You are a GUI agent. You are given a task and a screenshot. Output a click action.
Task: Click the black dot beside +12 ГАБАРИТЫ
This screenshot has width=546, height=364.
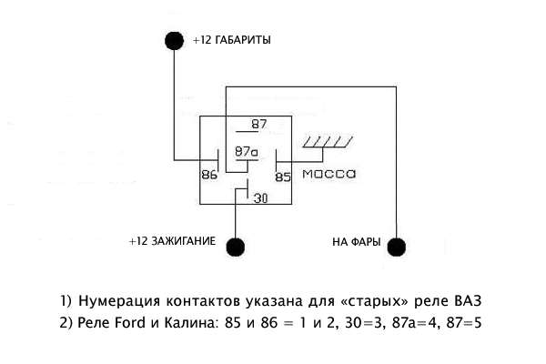(173, 41)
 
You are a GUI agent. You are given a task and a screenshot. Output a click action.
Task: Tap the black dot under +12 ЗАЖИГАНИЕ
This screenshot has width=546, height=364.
(237, 246)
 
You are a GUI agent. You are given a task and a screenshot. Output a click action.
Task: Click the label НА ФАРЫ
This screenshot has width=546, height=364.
(353, 243)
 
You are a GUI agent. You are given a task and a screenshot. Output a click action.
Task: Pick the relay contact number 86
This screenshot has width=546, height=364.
(208, 176)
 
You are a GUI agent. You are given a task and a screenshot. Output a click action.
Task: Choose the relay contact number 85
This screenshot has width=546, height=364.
(283, 177)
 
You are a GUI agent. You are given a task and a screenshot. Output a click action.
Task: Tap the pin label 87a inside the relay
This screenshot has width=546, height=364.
(247, 152)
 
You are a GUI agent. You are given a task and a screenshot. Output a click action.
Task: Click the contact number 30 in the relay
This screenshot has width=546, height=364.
(260, 197)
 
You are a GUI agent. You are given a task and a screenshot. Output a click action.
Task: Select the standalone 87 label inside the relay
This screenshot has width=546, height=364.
(260, 125)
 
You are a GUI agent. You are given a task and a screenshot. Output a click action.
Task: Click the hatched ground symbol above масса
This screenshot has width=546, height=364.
(327, 141)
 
